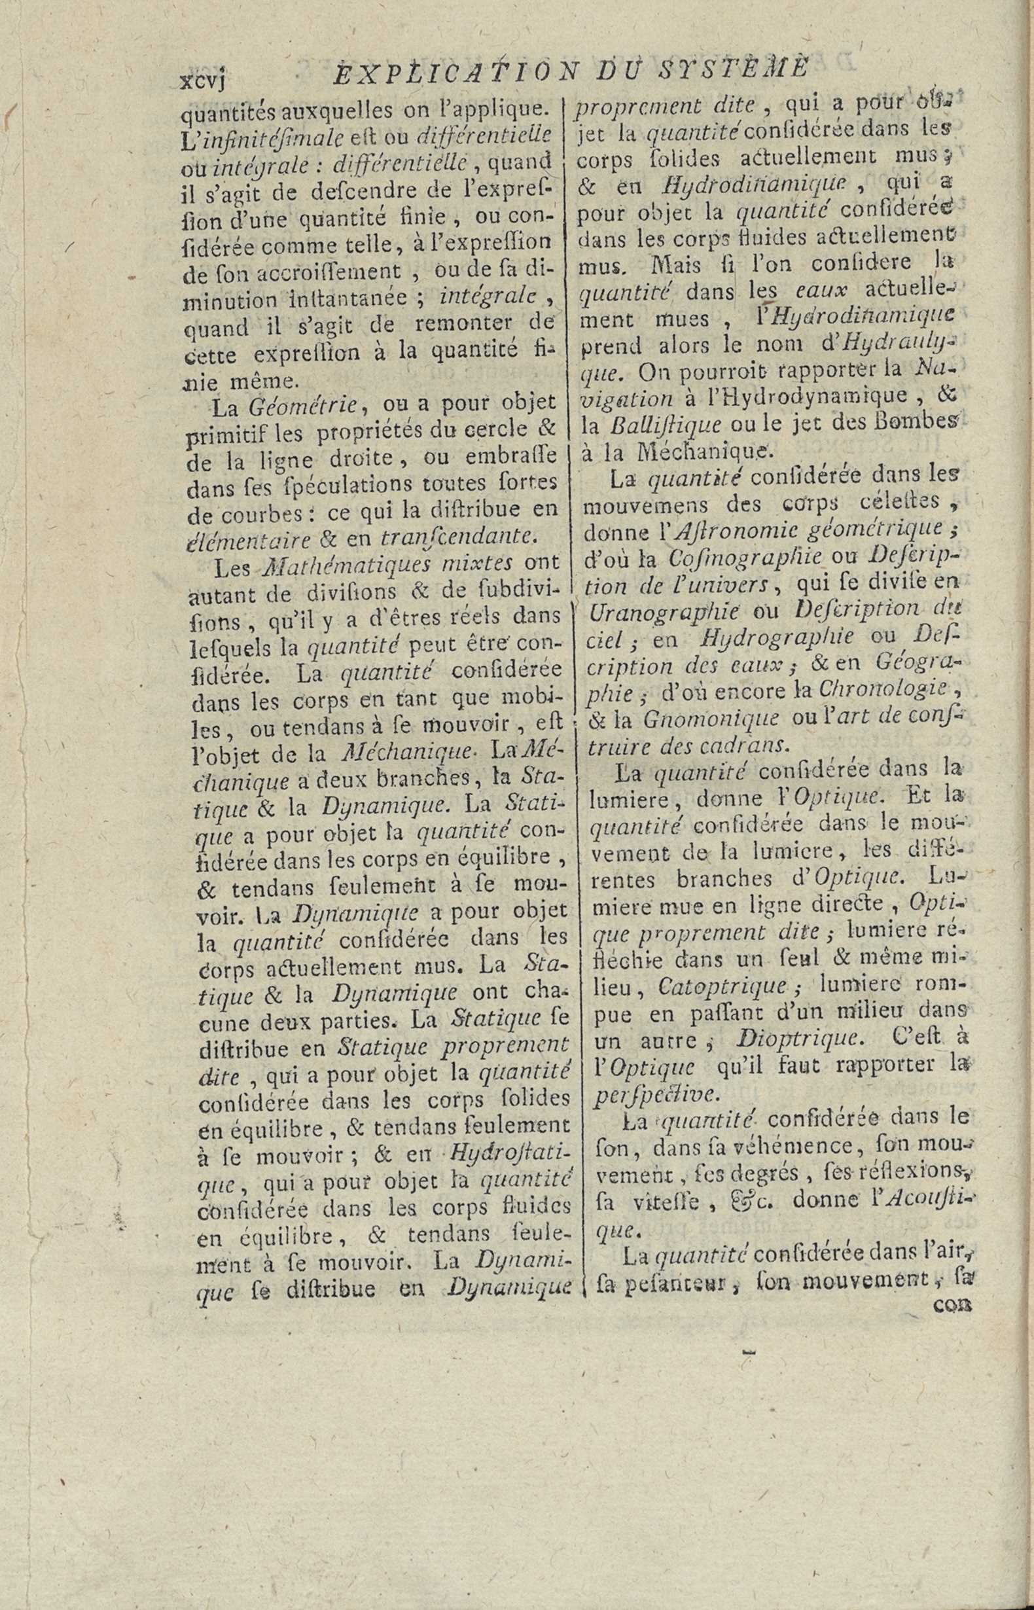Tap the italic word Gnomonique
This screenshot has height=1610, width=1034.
[x=711, y=718]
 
